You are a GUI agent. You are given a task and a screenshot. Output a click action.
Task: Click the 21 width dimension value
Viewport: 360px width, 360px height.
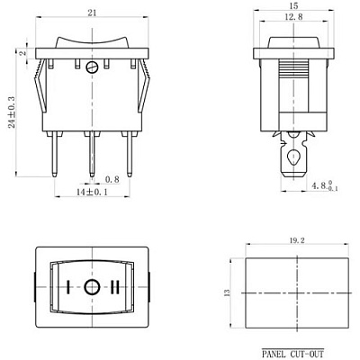click(92, 13)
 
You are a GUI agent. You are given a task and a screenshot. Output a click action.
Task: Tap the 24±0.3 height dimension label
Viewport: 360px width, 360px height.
click(12, 112)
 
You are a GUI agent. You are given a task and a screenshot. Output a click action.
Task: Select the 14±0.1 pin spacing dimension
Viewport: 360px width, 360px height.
click(92, 193)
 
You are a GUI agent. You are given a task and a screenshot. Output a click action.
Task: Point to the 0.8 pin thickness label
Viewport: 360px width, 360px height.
click(112, 180)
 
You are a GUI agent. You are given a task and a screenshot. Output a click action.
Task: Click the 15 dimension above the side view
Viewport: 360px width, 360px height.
click(293, 5)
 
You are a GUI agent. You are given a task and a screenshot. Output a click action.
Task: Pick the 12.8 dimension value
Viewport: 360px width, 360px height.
click(293, 17)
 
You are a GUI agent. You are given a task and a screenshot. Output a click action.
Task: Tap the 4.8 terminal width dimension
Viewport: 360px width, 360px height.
click(325, 185)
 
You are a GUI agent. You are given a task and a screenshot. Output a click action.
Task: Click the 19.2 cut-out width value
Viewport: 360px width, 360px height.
click(298, 240)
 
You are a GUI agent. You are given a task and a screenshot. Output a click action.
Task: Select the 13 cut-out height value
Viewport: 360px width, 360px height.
click(227, 292)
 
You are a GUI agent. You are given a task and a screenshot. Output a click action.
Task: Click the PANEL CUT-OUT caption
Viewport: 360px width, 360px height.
click(292, 354)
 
